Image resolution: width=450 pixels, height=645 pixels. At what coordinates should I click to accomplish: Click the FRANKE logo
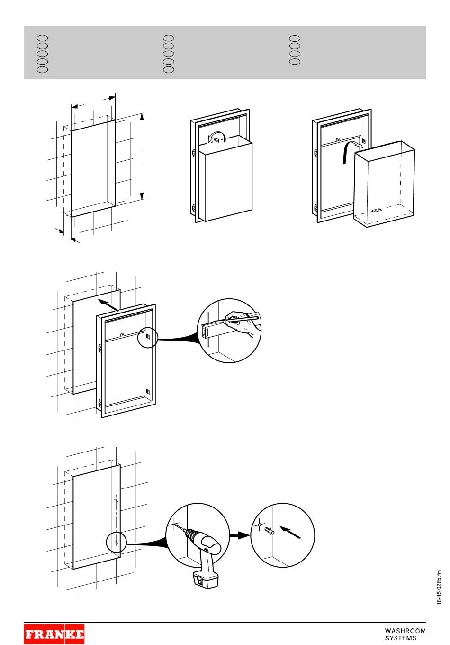[54, 634]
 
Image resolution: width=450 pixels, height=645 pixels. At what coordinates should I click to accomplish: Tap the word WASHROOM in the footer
[405, 631]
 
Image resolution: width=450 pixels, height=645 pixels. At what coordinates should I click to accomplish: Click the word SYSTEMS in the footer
[401, 638]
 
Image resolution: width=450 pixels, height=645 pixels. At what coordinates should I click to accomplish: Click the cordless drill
[204, 550]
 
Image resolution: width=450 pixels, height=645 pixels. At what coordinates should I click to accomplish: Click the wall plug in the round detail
[270, 531]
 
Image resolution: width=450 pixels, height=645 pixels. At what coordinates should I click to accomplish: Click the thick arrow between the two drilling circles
[240, 535]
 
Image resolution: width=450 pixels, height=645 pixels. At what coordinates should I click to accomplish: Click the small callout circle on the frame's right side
[147, 338]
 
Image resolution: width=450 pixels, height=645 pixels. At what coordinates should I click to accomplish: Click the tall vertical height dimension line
[142, 157]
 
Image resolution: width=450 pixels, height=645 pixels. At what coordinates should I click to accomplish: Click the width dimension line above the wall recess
[93, 103]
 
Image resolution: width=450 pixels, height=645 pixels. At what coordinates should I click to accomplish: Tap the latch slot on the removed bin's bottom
[377, 211]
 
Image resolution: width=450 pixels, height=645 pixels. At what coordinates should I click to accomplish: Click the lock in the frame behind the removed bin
[337, 139]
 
